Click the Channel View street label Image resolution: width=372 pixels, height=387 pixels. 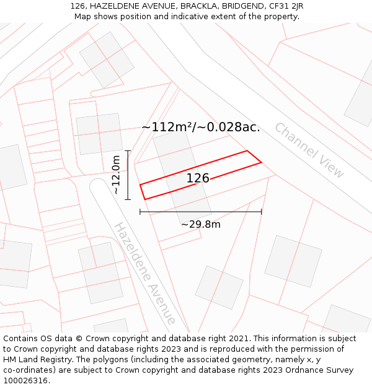pyautogui.click(x=309, y=150)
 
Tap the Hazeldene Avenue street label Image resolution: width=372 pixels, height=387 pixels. pyautogui.click(x=144, y=273)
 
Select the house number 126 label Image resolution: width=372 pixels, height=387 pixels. pyautogui.click(x=198, y=178)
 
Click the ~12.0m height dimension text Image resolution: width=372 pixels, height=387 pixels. pyautogui.click(x=116, y=175)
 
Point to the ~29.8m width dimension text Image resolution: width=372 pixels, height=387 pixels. pyautogui.click(x=200, y=224)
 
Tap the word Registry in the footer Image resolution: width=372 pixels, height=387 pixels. pyautogui.click(x=70, y=360)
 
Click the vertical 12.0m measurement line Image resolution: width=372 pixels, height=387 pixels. pyautogui.click(x=128, y=175)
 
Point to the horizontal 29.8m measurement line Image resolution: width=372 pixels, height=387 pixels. pyautogui.click(x=200, y=212)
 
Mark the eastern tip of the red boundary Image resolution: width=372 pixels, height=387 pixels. pyautogui.click(x=261, y=162)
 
